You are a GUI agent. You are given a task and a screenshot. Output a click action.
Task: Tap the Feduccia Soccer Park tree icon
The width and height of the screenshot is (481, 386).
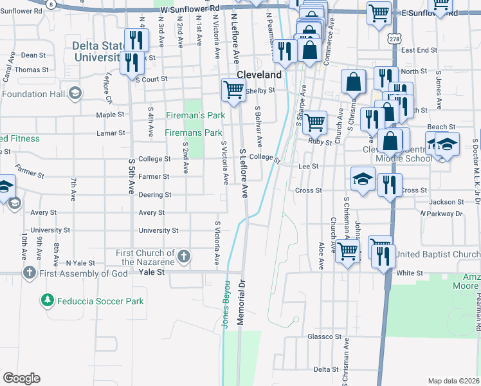[x=47, y=300]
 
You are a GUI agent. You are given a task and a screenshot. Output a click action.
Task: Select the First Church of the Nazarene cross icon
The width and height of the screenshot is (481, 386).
[x=183, y=257]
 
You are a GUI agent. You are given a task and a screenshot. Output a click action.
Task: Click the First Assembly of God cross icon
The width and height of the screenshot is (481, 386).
[x=29, y=273]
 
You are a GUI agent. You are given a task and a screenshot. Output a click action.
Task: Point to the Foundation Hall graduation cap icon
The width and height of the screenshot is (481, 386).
[x=75, y=94]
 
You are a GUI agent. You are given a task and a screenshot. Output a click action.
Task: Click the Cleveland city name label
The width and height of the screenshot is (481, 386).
[x=259, y=75]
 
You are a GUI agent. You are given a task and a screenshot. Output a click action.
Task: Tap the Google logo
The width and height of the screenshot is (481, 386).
[x=22, y=378]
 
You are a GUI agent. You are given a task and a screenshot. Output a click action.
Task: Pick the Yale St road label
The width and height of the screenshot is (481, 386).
[x=152, y=273]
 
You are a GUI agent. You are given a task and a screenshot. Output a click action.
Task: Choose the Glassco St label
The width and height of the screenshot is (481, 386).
[x=324, y=336]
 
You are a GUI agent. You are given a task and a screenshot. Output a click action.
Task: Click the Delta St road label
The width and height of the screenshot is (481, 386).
[x=326, y=369]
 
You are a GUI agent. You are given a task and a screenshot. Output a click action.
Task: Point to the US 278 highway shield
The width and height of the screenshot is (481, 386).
[x=392, y=39]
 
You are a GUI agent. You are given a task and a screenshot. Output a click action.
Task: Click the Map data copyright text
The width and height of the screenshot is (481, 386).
[x=453, y=381]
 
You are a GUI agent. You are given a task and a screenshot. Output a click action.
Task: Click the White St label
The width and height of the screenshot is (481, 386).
[x=409, y=273]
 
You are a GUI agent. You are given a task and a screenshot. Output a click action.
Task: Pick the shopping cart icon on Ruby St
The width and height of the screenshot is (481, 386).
[x=314, y=121]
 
